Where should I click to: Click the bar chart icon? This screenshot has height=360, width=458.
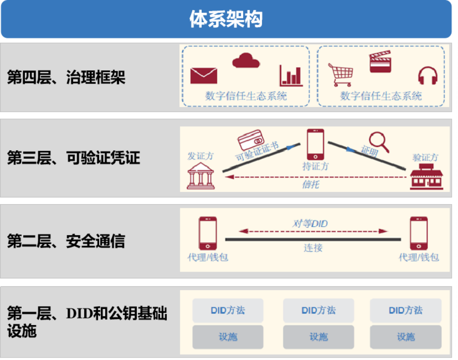[x=291, y=76]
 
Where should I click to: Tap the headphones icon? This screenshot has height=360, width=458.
[x=428, y=76]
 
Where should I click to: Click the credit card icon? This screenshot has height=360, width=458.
[x=251, y=140]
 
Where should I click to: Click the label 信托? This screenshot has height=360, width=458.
[x=310, y=184]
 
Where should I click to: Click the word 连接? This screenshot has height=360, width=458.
[x=313, y=248]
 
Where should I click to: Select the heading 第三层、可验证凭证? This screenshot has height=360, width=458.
[x=74, y=158]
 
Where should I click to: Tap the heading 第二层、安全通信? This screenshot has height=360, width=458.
[x=66, y=241]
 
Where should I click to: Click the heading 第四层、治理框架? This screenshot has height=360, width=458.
[x=66, y=77]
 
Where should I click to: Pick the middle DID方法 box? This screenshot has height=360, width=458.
[x=318, y=310]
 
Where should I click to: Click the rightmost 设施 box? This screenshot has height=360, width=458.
[x=406, y=337]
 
